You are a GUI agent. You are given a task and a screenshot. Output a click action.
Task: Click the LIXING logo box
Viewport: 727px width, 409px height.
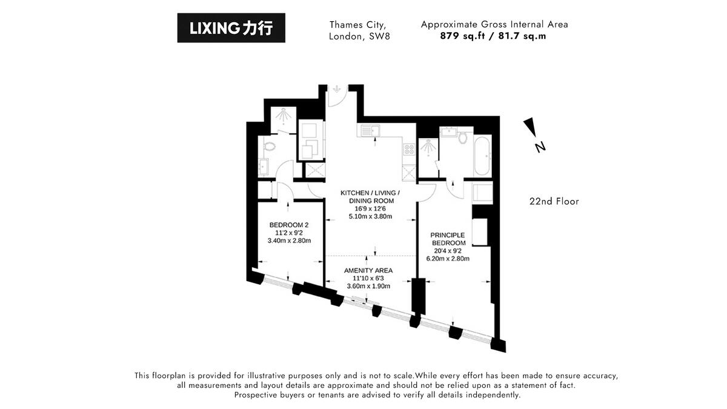pyautogui.click(x=231, y=28)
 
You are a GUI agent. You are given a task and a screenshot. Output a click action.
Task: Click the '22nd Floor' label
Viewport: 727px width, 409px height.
pyautogui.click(x=554, y=201)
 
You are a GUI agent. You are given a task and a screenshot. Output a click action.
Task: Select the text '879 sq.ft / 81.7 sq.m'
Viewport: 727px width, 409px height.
pyautogui.click(x=494, y=36)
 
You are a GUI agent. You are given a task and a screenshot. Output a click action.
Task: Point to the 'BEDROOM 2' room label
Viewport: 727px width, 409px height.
pyautogui.click(x=289, y=225)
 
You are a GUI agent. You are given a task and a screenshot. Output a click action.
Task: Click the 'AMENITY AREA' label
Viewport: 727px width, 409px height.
pyautogui.click(x=368, y=270)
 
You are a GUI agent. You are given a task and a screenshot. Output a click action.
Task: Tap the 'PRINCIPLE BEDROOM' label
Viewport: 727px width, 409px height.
pyautogui.click(x=447, y=239)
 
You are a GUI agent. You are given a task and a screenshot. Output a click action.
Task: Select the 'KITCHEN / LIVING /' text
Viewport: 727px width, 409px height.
pyautogui.click(x=370, y=193)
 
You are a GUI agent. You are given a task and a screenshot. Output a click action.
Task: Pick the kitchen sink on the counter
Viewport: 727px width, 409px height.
pyautogui.click(x=368, y=130)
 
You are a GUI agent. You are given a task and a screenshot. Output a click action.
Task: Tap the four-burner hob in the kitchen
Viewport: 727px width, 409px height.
pyautogui.click(x=408, y=149)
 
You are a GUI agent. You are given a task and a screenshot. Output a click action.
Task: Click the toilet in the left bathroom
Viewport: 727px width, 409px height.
pyautogui.click(x=268, y=146)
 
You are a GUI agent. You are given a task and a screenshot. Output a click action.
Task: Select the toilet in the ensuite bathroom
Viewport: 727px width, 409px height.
pyautogui.click(x=464, y=137)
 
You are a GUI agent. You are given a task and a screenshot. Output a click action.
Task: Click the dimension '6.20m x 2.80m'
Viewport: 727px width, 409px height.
pyautogui.click(x=447, y=259)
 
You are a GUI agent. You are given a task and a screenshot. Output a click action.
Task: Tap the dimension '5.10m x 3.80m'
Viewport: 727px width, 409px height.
pyautogui.click(x=370, y=216)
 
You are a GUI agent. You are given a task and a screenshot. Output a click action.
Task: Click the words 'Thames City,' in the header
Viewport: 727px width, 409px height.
pyautogui.click(x=357, y=25)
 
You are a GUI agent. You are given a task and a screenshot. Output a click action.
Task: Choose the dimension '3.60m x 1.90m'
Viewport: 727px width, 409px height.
pyautogui.click(x=368, y=286)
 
